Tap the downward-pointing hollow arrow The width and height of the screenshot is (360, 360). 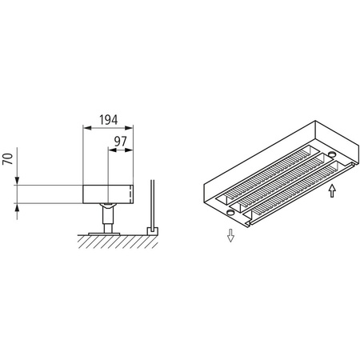click(230, 235)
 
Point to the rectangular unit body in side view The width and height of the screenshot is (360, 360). click(107, 194)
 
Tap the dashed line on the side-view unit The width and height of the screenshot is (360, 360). click(130, 194)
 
